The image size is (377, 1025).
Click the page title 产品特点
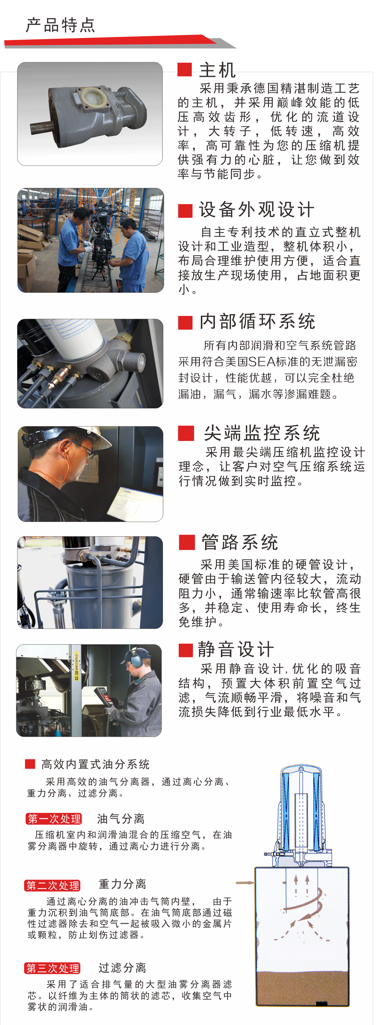tap(61, 25)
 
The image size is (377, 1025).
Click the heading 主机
tap(217, 70)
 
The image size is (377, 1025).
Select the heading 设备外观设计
tap(257, 210)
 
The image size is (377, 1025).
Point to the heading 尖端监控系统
tap(262, 433)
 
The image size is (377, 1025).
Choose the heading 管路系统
tap(240, 542)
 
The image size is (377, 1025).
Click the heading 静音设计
tap(236, 650)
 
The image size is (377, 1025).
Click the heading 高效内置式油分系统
tap(96, 764)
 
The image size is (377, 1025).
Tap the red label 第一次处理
tap(54, 819)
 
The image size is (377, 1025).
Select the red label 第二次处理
tap(52, 885)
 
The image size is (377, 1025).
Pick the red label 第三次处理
tap(52, 968)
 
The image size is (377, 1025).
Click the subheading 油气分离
tap(121, 819)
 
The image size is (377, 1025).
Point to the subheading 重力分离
tap(122, 884)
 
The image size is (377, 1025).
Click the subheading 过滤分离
tap(122, 967)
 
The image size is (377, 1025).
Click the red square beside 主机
tap(185, 69)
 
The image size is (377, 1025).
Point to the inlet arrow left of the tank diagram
tap(245, 883)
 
